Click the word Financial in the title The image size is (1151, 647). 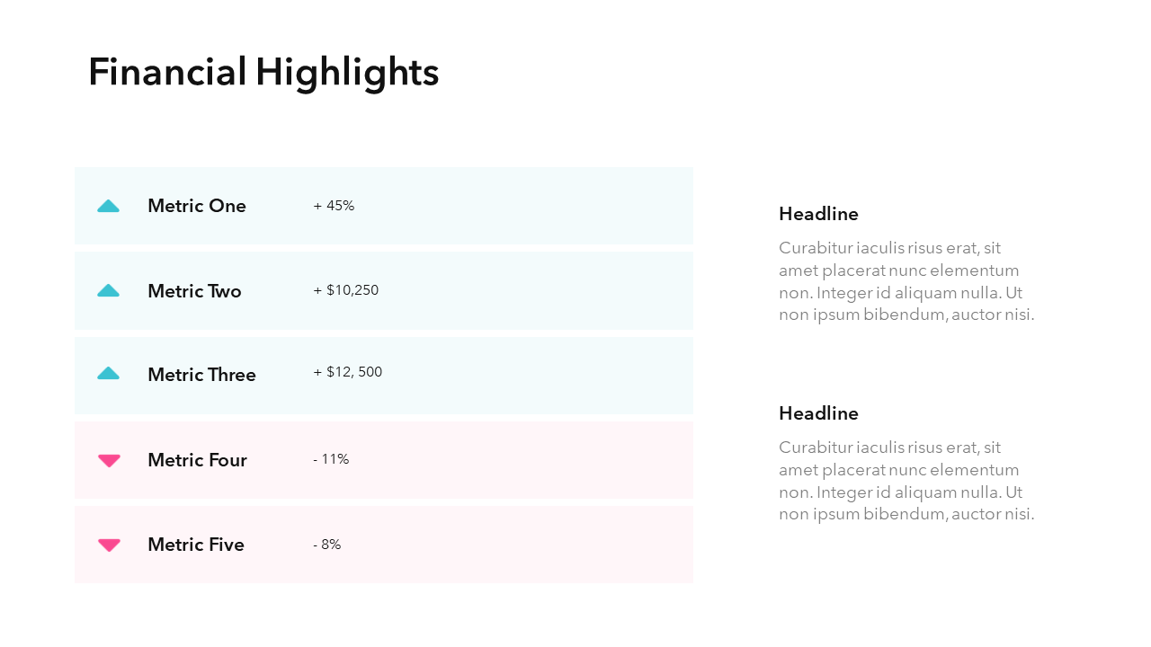[167, 72]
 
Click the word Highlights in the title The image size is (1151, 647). [347, 74]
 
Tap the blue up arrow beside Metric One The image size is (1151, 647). [108, 206]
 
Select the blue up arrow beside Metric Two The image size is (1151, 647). [108, 290]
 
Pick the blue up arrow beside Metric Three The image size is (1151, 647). [108, 373]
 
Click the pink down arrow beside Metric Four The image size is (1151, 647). [109, 460]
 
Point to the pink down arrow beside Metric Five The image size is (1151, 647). [109, 545]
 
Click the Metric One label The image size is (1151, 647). [196, 206]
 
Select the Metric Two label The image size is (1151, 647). [194, 291]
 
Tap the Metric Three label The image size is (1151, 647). [201, 375]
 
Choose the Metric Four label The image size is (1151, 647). [197, 460]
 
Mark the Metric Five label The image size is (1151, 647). [195, 545]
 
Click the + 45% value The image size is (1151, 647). [334, 206]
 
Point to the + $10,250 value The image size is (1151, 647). [345, 290]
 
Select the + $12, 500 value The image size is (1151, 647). [347, 372]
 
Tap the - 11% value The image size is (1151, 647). [331, 459]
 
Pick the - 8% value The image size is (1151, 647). [326, 545]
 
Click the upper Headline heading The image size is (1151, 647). [818, 214]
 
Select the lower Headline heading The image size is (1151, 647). [818, 413]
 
